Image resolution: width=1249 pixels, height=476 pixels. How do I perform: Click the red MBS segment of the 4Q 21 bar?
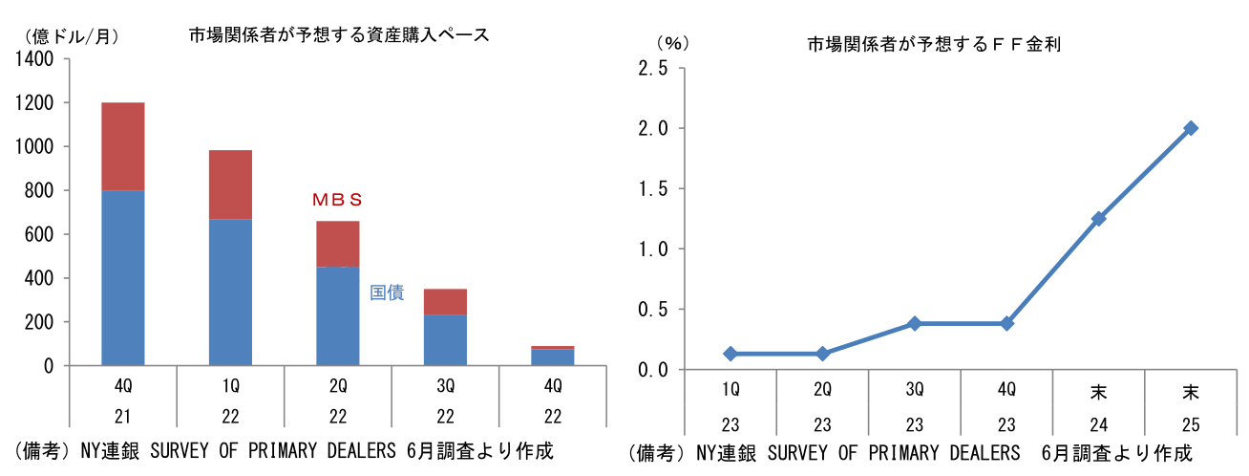coord(122,146)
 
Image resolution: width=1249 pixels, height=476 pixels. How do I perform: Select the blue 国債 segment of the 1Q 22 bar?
coord(230,292)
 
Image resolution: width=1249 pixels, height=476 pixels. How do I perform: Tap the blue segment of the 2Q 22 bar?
coord(337,316)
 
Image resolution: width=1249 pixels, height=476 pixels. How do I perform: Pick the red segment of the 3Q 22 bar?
coord(445,302)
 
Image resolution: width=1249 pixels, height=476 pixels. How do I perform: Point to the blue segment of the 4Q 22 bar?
coord(552,357)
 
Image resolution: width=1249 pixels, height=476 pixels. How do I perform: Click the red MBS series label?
coord(338,200)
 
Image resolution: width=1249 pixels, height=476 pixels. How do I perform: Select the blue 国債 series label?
coord(387,292)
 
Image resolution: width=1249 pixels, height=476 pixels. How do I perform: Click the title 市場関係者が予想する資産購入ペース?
coord(339,35)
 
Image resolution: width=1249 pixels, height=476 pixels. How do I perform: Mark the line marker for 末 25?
coord(1191,128)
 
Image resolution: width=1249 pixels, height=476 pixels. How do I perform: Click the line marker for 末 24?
coord(1098,219)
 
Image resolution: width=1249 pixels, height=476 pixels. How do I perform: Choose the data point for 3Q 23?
coord(914,324)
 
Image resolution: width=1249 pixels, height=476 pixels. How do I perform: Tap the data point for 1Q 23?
coord(730,354)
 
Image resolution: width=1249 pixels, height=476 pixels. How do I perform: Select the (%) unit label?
coord(671,44)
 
